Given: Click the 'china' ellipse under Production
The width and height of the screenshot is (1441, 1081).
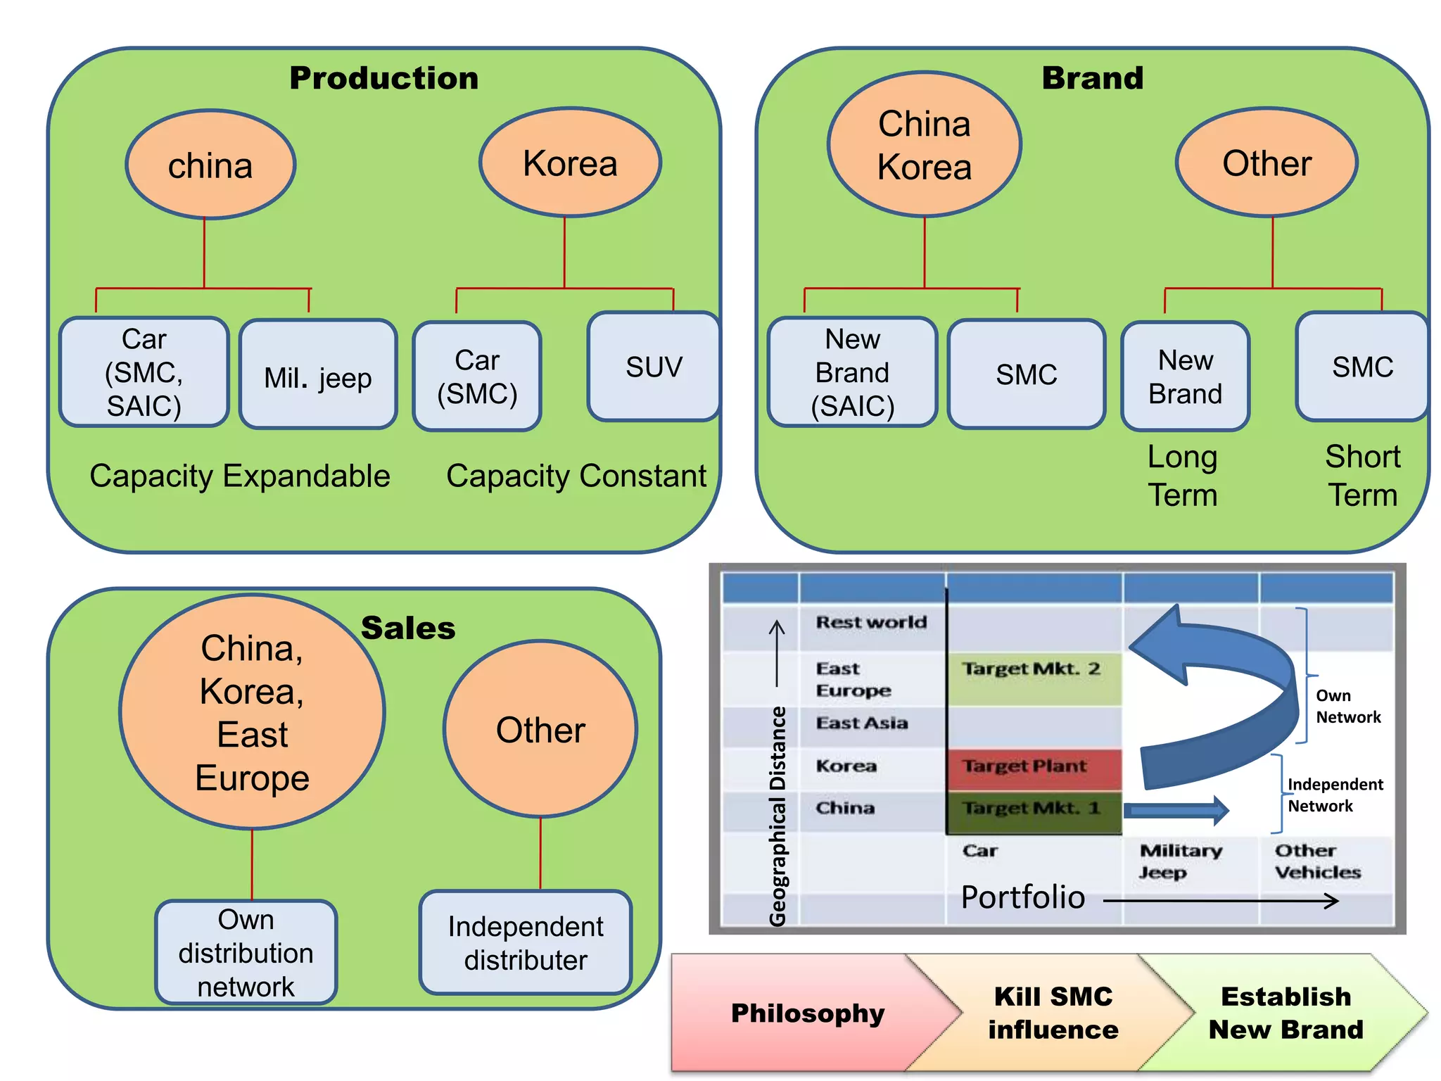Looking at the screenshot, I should [x=210, y=165].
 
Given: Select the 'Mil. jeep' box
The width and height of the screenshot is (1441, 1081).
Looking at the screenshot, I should [x=318, y=374].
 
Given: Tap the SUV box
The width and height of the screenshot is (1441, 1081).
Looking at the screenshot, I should [x=654, y=367].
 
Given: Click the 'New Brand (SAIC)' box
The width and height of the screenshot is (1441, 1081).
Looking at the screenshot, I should [x=852, y=372].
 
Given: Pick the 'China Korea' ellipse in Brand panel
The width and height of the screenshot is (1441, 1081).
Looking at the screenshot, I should [x=924, y=144].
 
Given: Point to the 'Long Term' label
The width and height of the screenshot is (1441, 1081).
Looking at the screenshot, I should [x=1182, y=476].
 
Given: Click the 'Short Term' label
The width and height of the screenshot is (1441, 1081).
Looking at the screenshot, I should [x=1362, y=476].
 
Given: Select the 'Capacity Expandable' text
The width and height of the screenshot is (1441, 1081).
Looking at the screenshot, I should [x=239, y=476].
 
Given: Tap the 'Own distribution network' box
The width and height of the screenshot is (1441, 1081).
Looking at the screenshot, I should [x=246, y=952].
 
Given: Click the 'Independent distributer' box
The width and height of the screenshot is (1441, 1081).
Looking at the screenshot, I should [x=526, y=943].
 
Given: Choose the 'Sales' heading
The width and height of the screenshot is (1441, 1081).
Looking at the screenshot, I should [x=408, y=628].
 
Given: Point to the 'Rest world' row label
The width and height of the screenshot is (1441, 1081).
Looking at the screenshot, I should [x=871, y=622].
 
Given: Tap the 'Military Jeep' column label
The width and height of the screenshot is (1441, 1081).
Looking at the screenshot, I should [x=1181, y=861].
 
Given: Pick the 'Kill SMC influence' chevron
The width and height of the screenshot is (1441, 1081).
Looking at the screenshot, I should [x=1053, y=1013].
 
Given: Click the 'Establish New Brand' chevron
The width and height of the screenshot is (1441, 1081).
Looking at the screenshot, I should [x=1286, y=1013].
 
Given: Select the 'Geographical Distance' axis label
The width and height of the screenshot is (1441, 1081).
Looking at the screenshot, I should [x=777, y=816].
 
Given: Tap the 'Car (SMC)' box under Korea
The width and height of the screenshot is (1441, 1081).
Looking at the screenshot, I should [x=477, y=377].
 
